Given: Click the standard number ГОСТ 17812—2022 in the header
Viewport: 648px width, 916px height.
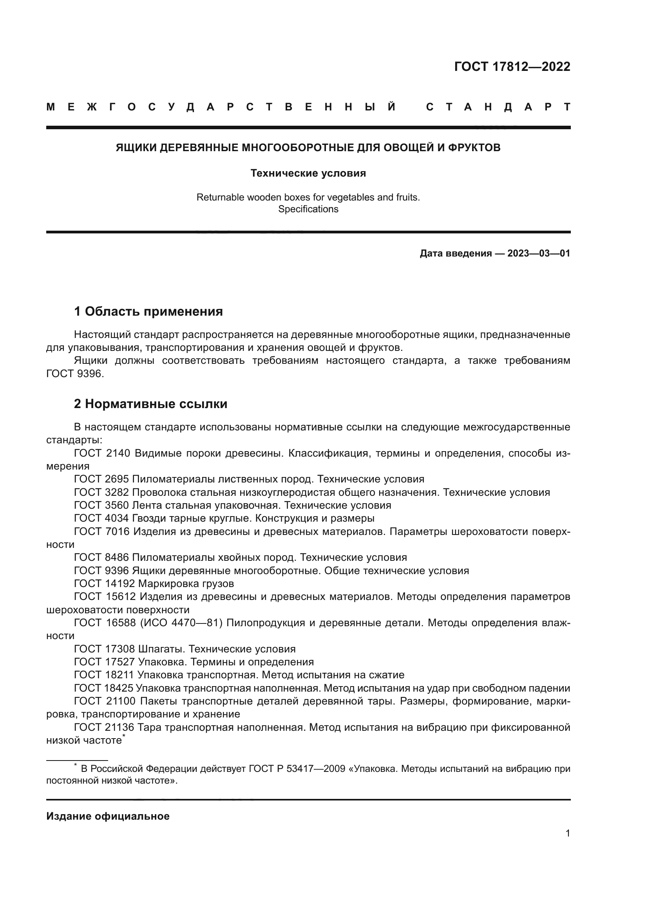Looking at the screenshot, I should [512, 67].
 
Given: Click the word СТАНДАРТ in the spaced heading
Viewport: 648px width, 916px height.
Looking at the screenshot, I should [498, 107].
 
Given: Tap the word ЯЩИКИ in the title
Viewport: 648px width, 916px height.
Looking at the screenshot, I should [136, 148].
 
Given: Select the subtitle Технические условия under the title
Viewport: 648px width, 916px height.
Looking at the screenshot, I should [308, 173].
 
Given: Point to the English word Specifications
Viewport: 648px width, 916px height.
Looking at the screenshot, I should [308, 209].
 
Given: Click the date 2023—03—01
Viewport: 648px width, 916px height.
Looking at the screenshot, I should [539, 253].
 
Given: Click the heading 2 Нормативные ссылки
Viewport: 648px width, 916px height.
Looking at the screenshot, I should [150, 404].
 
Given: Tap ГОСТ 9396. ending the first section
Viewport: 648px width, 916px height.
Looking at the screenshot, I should [75, 374].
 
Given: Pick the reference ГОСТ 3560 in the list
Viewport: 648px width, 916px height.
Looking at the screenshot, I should [101, 506].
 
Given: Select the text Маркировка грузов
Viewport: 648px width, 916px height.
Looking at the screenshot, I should [186, 584].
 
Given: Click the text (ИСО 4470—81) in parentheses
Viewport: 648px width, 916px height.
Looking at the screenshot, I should [181, 623].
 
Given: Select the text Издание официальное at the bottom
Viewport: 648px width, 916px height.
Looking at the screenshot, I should [108, 816].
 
